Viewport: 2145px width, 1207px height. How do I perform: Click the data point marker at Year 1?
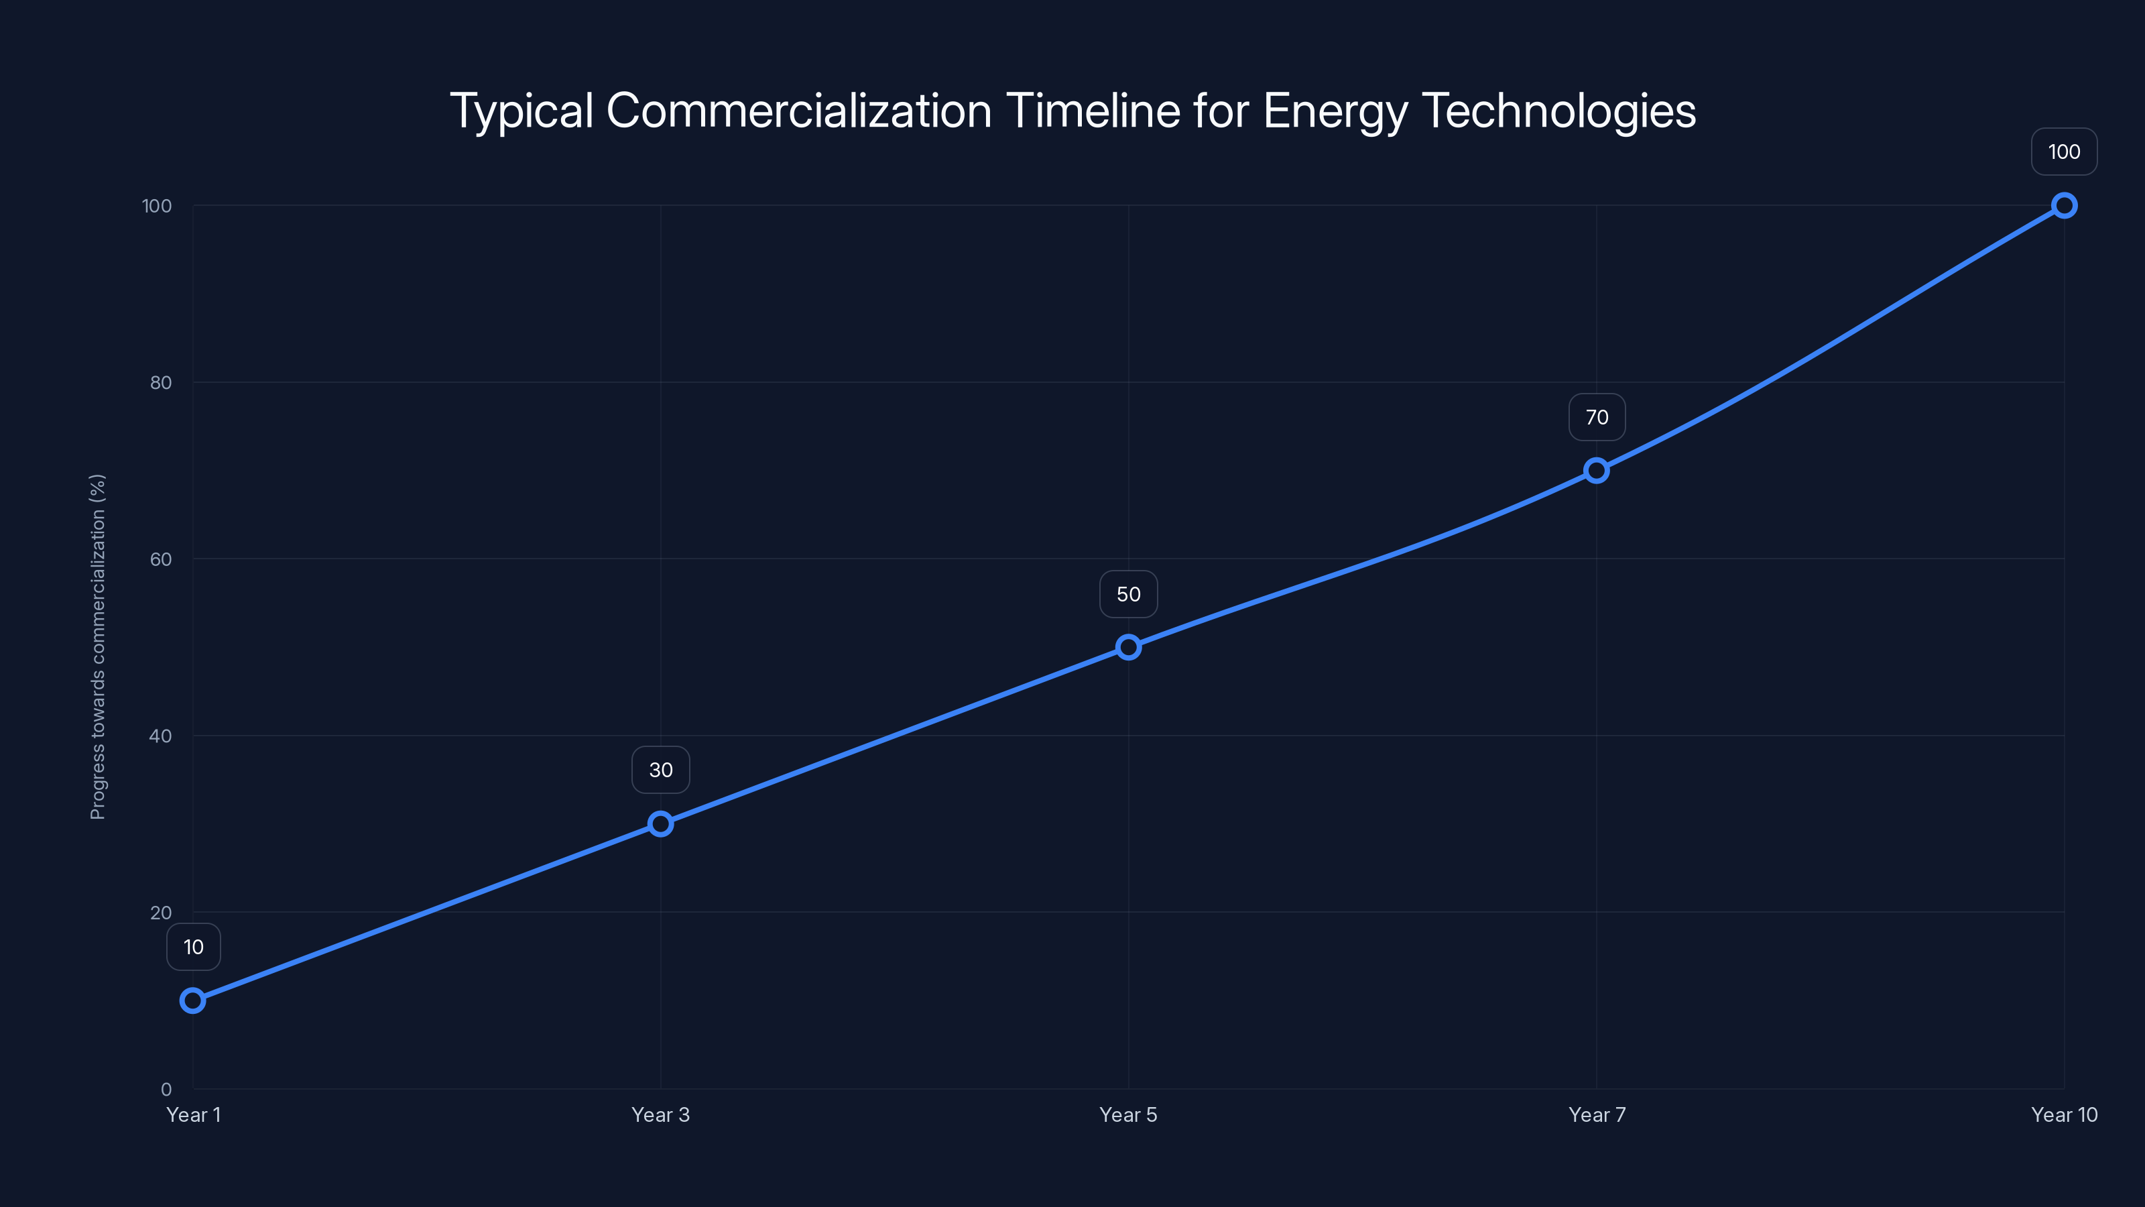tap(193, 1000)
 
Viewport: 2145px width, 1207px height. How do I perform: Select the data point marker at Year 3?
tap(660, 824)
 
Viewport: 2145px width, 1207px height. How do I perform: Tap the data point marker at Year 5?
tap(1128, 647)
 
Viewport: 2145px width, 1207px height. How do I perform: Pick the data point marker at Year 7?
tap(1596, 471)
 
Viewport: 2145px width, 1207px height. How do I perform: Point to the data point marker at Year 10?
tap(2065, 206)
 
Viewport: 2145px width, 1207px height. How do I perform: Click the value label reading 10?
tap(193, 947)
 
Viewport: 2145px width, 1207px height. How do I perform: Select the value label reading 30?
tap(660, 770)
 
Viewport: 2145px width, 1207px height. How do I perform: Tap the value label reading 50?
tap(1128, 594)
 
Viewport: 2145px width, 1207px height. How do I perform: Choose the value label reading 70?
tap(1596, 417)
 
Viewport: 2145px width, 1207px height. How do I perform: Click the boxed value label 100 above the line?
tap(2065, 152)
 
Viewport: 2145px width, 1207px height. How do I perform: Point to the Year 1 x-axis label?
tap(193, 1114)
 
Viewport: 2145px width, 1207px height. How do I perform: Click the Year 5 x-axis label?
tap(1128, 1114)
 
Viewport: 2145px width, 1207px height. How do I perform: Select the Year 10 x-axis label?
tap(2065, 1114)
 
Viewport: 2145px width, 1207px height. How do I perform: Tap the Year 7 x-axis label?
tap(1596, 1114)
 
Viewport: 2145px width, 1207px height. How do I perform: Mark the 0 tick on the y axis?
tap(166, 1090)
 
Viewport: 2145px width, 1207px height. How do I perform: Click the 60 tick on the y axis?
tap(161, 559)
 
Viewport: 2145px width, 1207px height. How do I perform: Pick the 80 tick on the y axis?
tap(161, 382)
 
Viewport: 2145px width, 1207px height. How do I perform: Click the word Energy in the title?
tap(1333, 111)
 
